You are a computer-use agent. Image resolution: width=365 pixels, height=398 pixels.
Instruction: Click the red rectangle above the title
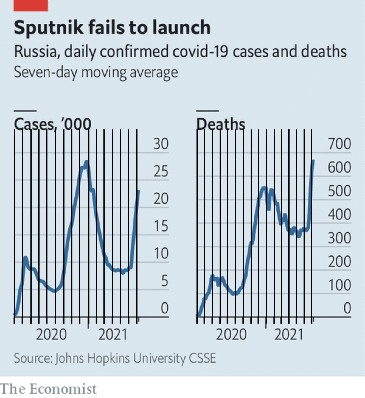(31, 5)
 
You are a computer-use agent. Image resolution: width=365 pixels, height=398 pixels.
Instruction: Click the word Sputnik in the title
(49, 27)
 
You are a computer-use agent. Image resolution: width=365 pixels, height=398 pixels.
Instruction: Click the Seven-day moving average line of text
(96, 73)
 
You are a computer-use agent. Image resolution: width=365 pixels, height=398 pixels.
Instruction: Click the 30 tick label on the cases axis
(161, 144)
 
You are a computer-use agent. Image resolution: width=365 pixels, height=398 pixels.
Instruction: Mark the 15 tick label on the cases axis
(161, 226)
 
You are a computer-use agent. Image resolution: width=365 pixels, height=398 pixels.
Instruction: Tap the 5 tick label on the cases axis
(164, 281)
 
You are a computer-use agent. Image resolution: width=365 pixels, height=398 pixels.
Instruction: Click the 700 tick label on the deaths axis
(339, 144)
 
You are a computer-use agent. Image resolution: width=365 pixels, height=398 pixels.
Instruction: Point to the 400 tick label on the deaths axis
(339, 215)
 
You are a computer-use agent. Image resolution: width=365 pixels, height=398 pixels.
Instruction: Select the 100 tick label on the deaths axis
(339, 285)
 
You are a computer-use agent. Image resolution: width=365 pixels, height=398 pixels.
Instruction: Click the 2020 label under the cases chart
(51, 334)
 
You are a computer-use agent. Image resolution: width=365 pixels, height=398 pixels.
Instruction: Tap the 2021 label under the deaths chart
(289, 334)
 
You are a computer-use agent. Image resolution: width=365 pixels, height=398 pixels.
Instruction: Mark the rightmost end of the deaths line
(313, 160)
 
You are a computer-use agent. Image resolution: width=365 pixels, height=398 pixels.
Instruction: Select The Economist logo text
(48, 389)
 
